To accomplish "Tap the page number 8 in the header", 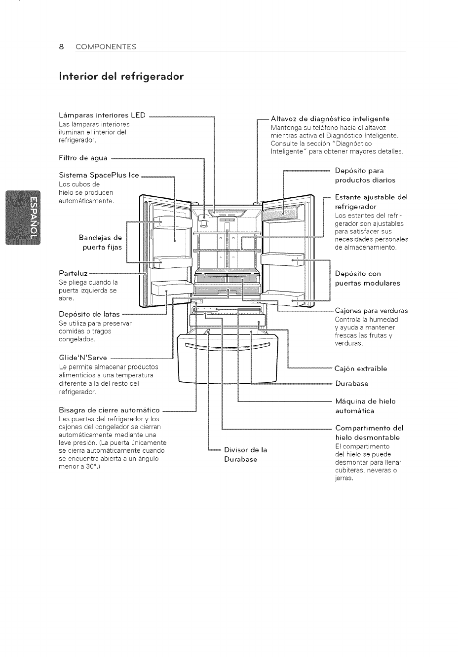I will pyautogui.click(x=61, y=47).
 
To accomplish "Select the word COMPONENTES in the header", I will pyautogui.click(x=106, y=47).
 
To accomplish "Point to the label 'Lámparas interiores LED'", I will pyautogui.click(x=102, y=115).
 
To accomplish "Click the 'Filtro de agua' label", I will pyautogui.click(x=83, y=158).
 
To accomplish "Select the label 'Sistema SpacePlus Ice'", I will pyautogui.click(x=99, y=175).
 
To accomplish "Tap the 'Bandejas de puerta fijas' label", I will pyautogui.click(x=101, y=242).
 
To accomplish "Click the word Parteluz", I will pyautogui.click(x=73, y=273).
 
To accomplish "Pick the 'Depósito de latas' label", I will pyautogui.click(x=89, y=314).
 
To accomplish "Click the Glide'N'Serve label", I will pyautogui.click(x=83, y=358).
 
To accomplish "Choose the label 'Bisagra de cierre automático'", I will pyautogui.click(x=109, y=410).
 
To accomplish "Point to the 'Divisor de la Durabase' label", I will pyautogui.click(x=245, y=454).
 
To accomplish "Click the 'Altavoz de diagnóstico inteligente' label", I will pyautogui.click(x=330, y=118).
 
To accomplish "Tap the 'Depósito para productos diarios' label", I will pyautogui.click(x=365, y=176).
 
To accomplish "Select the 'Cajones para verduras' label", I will pyautogui.click(x=371, y=311).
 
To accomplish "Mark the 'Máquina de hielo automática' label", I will pyautogui.click(x=365, y=406).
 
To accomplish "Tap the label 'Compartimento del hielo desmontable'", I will pyautogui.click(x=369, y=433).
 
